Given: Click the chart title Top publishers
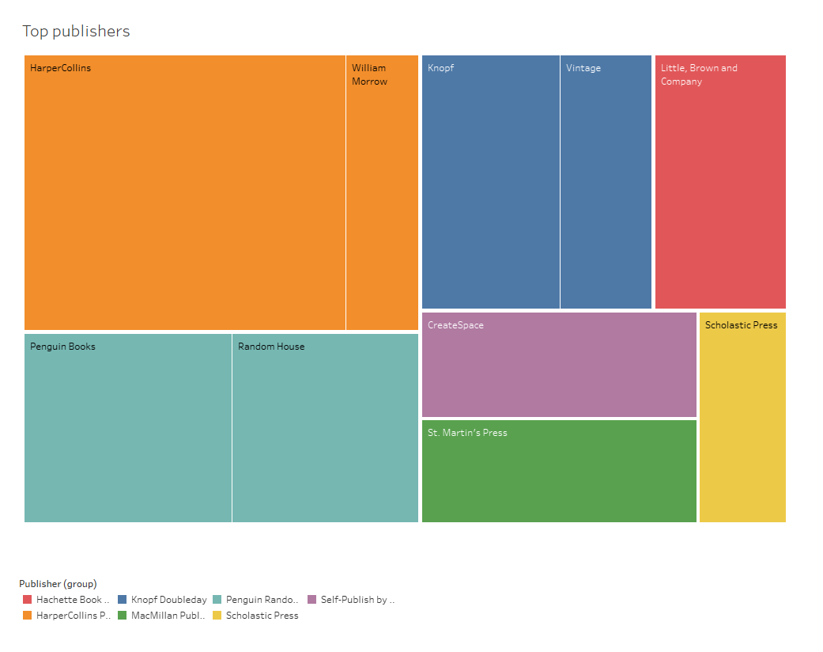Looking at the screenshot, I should (x=76, y=32).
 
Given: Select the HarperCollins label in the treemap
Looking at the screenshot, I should (x=60, y=68).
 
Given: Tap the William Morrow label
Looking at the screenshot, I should (x=369, y=74).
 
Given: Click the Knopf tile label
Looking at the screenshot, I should (x=440, y=68).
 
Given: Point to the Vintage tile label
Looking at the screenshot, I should (x=583, y=68).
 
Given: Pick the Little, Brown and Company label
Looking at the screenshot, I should (x=699, y=74).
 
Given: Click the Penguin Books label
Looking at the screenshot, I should (x=62, y=347).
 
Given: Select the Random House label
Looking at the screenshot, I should (x=271, y=347).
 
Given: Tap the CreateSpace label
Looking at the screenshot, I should (x=455, y=325).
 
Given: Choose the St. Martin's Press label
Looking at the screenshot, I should (x=467, y=433).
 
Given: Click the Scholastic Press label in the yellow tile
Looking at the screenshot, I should (x=741, y=325).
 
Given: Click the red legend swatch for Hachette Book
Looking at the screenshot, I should (x=28, y=600).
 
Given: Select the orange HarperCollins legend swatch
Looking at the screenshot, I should (x=28, y=616).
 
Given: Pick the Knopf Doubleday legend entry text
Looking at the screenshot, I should (x=168, y=600).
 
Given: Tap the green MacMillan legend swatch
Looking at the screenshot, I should (x=123, y=616).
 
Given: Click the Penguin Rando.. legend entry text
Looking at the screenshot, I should (x=262, y=600).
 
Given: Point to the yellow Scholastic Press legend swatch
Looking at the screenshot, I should (x=217, y=616).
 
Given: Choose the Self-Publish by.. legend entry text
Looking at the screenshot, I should (x=357, y=600).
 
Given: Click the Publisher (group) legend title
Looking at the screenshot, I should (x=58, y=584).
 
